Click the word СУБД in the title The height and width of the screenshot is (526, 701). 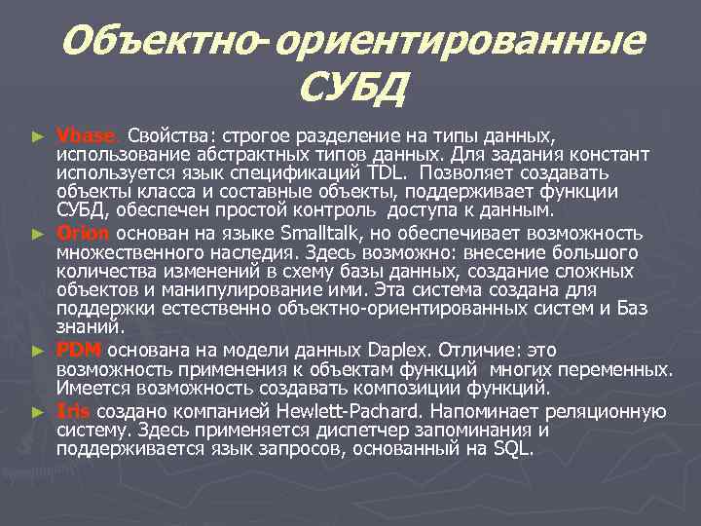pyautogui.click(x=350, y=91)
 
